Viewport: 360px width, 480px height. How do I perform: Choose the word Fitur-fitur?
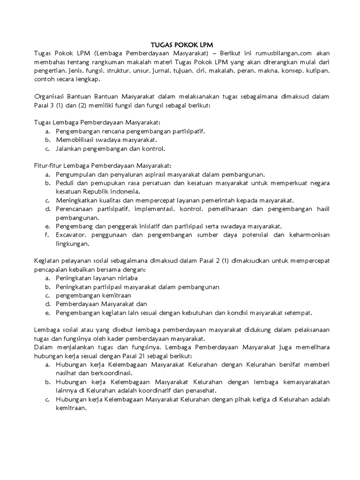[x=51, y=165]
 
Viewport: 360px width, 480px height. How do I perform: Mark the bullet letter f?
[x=48, y=235]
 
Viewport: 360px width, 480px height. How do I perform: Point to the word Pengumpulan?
[x=79, y=174]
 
